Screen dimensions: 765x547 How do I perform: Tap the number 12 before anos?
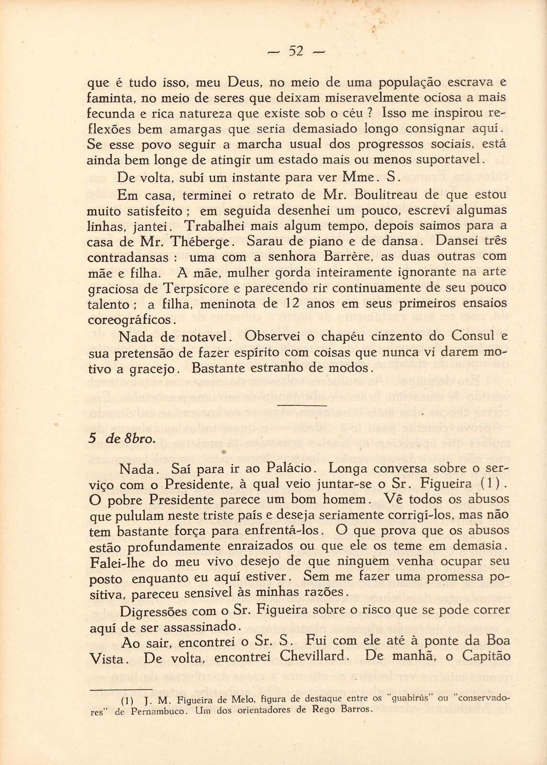click(x=292, y=304)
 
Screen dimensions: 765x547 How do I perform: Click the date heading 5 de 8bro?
click(x=121, y=439)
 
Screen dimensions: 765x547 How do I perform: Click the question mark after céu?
click(x=369, y=114)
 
